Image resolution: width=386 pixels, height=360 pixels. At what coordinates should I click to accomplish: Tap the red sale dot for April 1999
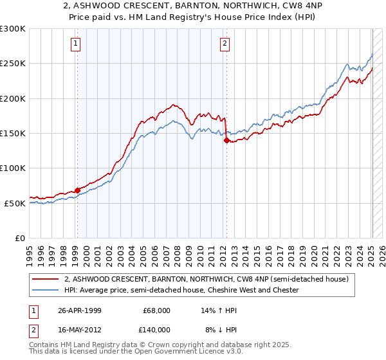coord(77,190)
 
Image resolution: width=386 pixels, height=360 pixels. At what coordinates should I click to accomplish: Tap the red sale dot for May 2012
coord(226,140)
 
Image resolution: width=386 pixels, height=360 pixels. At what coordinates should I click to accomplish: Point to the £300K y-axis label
coord(13,29)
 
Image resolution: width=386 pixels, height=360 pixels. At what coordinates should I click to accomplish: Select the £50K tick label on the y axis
coord(15,203)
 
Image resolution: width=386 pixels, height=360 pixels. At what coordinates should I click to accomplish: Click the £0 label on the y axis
coord(20,238)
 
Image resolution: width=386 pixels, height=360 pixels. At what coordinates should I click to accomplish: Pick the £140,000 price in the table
coord(156,329)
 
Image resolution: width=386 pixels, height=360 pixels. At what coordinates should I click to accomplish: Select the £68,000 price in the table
coord(156,310)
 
